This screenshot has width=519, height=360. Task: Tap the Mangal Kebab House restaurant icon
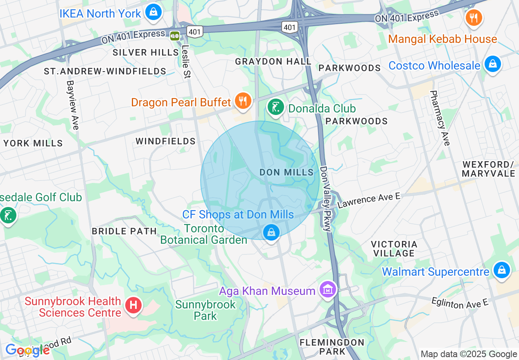474,18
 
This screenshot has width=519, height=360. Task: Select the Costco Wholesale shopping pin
492,64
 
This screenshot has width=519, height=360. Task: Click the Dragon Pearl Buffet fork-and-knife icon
243,100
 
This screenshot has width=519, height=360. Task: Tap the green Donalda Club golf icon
275,107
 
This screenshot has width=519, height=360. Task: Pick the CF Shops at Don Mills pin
271,232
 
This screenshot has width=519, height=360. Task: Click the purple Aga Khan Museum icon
328,290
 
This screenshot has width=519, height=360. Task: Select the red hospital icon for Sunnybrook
133,305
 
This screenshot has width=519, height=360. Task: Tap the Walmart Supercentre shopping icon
501,270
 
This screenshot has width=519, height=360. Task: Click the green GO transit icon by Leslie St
175,36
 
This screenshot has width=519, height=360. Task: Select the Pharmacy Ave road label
440,118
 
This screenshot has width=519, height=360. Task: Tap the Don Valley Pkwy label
326,198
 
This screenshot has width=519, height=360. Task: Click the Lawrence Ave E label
368,200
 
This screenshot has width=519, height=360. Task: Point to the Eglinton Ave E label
460,303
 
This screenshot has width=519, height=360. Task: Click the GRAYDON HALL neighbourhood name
273,61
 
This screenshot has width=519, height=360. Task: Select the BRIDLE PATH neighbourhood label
124,231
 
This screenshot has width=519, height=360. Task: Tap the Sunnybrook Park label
205,310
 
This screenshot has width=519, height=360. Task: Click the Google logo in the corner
27,351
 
